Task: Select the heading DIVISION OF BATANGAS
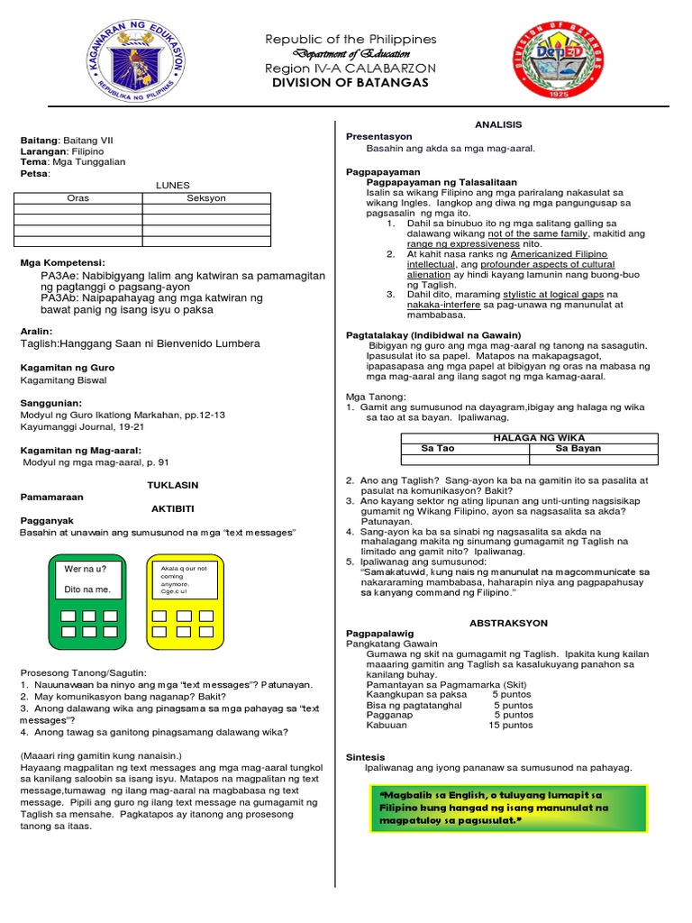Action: click(x=351, y=83)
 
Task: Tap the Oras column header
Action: click(x=78, y=198)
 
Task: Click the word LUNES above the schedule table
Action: click(x=173, y=185)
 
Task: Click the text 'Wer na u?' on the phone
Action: click(x=86, y=569)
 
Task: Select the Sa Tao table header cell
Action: click(x=439, y=448)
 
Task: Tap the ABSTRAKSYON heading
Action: click(x=508, y=623)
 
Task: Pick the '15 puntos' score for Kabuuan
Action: click(x=511, y=725)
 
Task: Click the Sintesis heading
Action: click(x=366, y=756)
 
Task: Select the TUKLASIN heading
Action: click(x=172, y=485)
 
